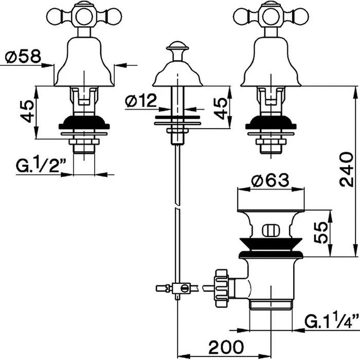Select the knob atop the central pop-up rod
pos(177,51)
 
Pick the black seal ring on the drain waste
pos(269,250)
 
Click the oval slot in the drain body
pos(269,229)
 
